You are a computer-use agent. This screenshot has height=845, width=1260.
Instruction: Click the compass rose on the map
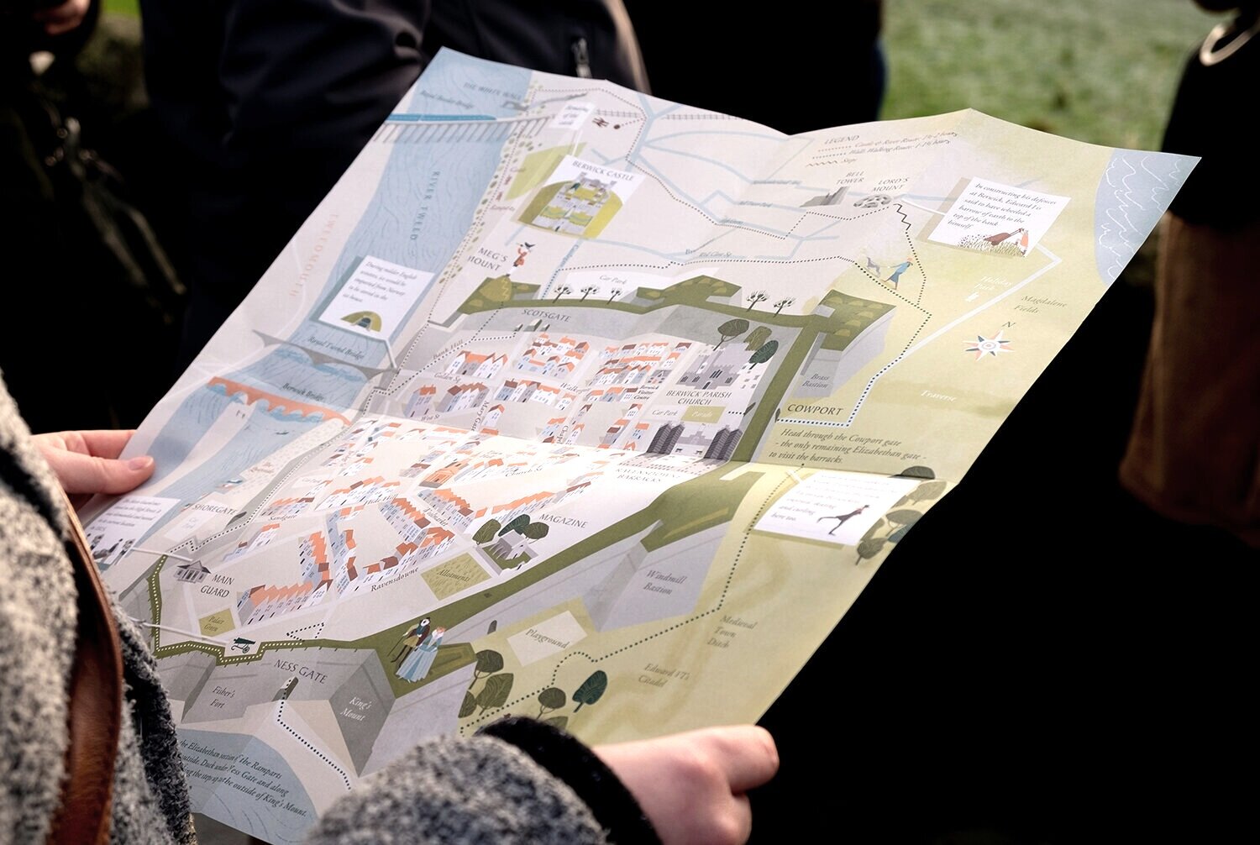point(990,344)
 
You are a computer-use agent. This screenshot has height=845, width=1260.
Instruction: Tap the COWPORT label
point(815,411)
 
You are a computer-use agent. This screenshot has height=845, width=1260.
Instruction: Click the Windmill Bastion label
point(659,582)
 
